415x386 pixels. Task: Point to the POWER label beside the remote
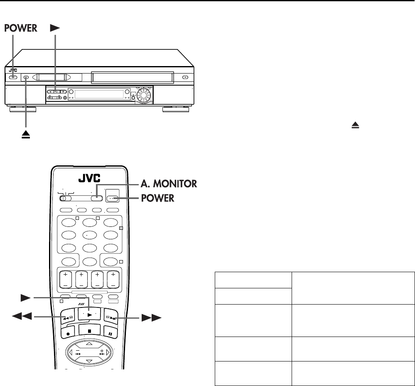[x=157, y=199]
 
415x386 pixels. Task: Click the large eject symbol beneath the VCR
[x=27, y=136]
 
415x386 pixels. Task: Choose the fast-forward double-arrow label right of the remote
[x=149, y=319]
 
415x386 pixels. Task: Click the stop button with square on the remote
[x=89, y=332]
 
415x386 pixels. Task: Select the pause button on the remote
[x=112, y=333]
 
